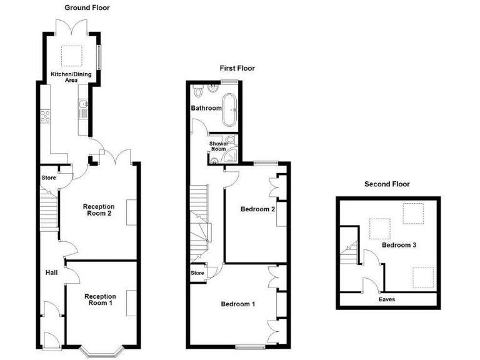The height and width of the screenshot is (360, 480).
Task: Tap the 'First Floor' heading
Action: click(237, 68)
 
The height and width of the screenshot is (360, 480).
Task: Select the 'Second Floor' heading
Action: click(387, 184)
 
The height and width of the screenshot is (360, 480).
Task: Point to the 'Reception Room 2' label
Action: click(98, 210)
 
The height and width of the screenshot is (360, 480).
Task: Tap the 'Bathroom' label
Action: click(206, 108)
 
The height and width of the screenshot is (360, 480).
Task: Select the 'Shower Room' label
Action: click(218, 146)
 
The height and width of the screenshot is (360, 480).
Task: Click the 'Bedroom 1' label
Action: click(238, 304)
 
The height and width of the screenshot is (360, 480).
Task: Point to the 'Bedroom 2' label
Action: click(258, 209)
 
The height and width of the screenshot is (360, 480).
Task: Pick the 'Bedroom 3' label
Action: click(399, 246)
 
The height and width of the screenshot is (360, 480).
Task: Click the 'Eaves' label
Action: click(387, 299)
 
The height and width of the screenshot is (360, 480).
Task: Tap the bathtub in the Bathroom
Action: click(231, 109)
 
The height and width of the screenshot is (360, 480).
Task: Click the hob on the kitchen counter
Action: click(44, 116)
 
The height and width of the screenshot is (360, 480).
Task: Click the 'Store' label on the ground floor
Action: click(48, 178)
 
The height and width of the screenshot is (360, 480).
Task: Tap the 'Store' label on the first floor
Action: click(197, 272)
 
